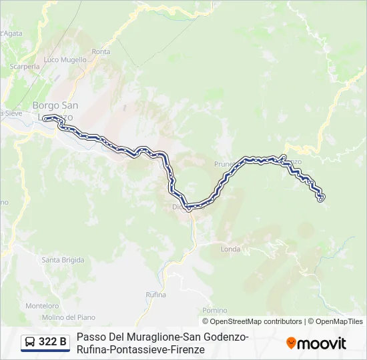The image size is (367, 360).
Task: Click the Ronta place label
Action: coord(101,51)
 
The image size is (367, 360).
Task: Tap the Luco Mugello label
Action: coord(66,59)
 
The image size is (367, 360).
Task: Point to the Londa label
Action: coord(230,249)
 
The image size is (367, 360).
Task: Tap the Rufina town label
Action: coord(155,294)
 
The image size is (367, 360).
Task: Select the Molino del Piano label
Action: coord(69,317)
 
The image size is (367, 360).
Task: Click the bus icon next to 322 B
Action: coord(30,343)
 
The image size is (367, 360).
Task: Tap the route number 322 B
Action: coord(53,343)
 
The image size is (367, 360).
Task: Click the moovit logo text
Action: coord(322,343)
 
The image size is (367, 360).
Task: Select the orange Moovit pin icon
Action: coord(291,343)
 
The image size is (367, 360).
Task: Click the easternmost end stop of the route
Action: coord(321,197)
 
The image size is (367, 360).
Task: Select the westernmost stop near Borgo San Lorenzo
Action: coord(46,119)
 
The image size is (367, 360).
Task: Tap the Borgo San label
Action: coord(55,105)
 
